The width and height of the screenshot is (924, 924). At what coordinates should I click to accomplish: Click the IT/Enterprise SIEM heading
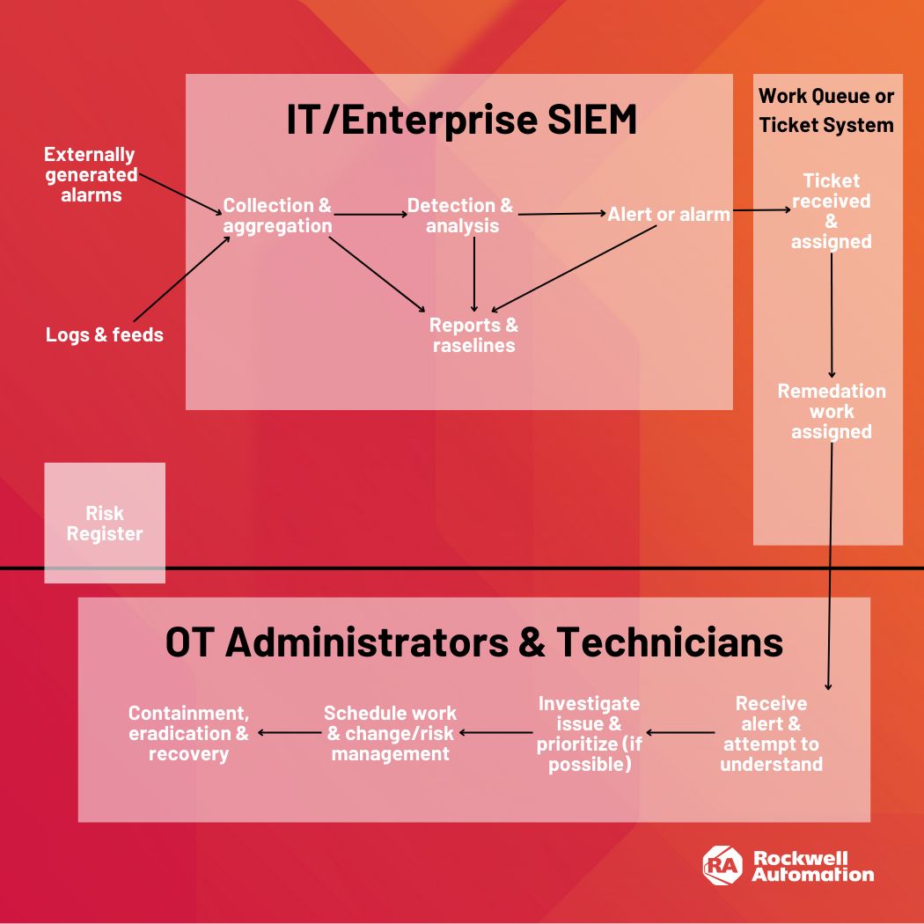(461, 121)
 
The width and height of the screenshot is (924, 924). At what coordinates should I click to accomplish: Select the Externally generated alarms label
(91, 174)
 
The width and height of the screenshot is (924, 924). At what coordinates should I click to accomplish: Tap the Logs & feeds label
(105, 334)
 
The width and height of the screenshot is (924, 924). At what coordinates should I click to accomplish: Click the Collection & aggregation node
(277, 216)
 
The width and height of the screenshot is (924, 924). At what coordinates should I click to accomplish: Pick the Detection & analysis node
(460, 216)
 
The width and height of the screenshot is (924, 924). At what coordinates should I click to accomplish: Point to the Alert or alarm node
(669, 214)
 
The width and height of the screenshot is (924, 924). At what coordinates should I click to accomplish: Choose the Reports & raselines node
(473, 335)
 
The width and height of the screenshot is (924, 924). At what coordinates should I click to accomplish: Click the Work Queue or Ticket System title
(826, 110)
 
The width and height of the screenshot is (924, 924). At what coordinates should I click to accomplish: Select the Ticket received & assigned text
(831, 211)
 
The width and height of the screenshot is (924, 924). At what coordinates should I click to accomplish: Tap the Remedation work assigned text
(831, 411)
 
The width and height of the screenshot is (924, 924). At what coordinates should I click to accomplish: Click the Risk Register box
(105, 524)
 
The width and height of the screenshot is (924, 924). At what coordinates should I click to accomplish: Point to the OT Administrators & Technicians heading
(473, 642)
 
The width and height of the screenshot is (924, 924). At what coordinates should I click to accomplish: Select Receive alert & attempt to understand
(771, 734)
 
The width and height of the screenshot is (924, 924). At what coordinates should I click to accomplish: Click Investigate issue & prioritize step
(589, 734)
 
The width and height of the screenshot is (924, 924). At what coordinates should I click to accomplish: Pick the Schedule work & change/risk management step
(390, 733)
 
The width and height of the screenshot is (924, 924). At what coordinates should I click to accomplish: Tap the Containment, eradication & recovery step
(188, 733)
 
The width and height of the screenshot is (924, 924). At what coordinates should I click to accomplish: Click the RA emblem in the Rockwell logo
(722, 864)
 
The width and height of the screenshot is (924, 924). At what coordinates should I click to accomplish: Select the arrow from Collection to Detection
(370, 214)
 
